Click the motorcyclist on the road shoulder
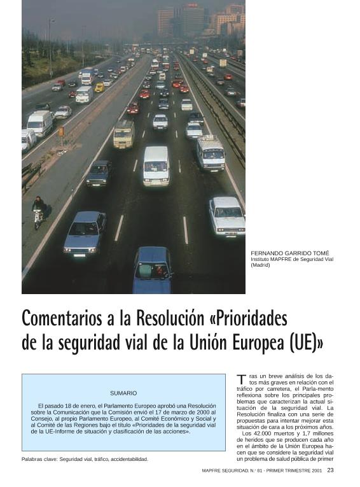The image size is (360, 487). click(x=39, y=211)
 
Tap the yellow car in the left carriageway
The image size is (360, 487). click(x=99, y=87)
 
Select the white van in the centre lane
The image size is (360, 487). click(x=156, y=164)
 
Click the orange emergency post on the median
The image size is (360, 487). click(x=61, y=131)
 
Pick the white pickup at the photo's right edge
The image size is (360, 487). click(x=227, y=216)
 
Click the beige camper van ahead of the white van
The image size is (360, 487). click(x=124, y=134)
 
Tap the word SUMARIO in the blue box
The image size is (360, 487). click(x=123, y=393)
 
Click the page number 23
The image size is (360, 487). click(x=330, y=470)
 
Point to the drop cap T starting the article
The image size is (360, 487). click(x=240, y=380)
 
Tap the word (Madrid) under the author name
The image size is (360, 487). click(x=260, y=265)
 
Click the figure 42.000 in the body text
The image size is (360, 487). click(x=260, y=434)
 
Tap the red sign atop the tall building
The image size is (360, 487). click(x=191, y=5)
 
